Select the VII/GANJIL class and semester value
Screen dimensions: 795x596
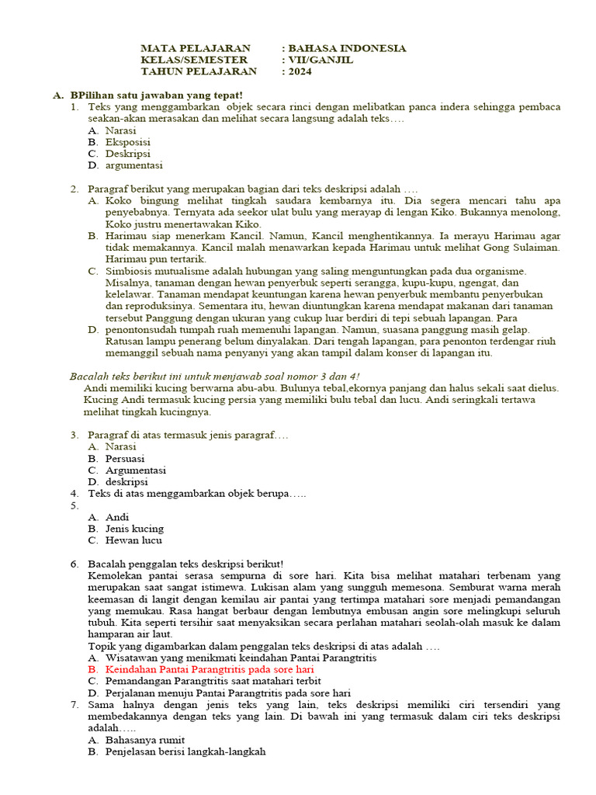321,60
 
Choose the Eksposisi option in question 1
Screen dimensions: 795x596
128,142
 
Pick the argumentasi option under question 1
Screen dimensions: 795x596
134,165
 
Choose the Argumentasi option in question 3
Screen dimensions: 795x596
136,470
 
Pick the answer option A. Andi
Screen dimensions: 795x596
116,517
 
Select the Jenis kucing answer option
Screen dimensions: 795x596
134,529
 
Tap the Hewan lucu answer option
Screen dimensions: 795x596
133,540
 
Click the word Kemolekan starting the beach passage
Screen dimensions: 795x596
116,576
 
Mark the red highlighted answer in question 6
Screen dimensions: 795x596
210,669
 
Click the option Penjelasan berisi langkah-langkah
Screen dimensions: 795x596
185,752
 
